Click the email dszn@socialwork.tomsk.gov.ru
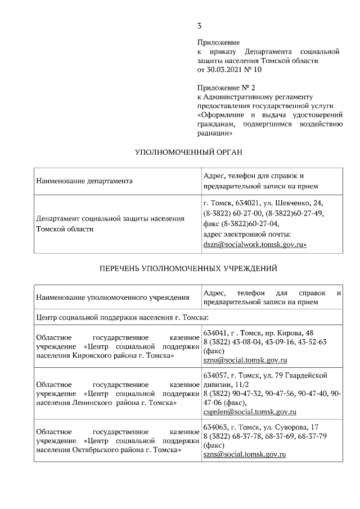click(254, 245)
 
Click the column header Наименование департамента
click(84, 181)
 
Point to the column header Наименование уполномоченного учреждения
click(109, 298)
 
